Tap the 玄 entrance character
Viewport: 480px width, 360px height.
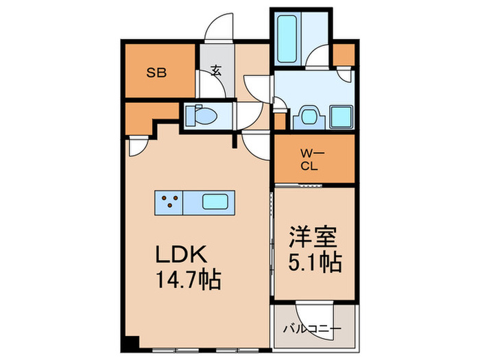point(215,70)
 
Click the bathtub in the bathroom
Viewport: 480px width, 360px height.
point(285,37)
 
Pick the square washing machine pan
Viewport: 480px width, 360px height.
point(340,117)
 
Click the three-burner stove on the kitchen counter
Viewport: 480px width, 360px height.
point(169,202)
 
